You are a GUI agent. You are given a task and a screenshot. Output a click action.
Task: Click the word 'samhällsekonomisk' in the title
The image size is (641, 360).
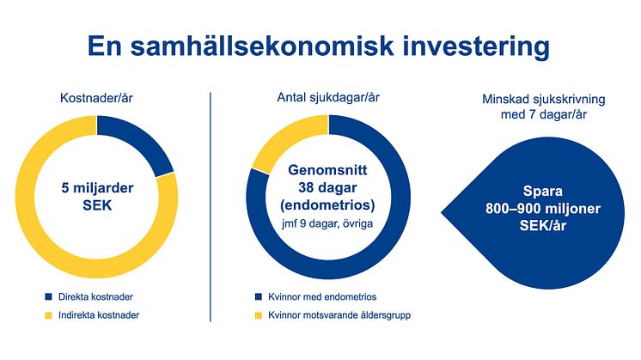pyautogui.click(x=261, y=46)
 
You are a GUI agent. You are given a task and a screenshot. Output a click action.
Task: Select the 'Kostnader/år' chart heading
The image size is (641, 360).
pyautogui.click(x=96, y=98)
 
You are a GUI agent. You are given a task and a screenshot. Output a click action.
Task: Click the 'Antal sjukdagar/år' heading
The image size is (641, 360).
pyautogui.click(x=328, y=98)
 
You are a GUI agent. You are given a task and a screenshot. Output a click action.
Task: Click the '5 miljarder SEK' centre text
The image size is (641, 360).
pyautogui.click(x=97, y=197)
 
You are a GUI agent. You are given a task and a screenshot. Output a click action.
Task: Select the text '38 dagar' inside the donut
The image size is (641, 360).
pyautogui.click(x=327, y=187)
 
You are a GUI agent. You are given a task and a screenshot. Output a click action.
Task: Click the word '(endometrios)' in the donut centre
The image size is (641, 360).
pyautogui.click(x=327, y=204)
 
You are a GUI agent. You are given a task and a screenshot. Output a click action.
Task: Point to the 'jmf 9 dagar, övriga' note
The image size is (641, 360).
pyautogui.click(x=327, y=224)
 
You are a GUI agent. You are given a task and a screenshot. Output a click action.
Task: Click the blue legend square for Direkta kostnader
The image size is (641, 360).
pyautogui.click(x=49, y=296)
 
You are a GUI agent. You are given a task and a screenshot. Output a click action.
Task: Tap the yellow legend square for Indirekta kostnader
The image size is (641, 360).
pyautogui.click(x=49, y=315)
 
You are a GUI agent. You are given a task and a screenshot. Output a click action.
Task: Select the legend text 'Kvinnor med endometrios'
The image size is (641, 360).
pyautogui.click(x=322, y=296)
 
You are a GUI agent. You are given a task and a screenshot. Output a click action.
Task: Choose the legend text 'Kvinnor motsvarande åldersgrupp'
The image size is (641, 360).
pyautogui.click(x=339, y=315)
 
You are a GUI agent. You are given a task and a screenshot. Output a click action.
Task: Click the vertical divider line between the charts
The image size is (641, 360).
pyautogui.click(x=211, y=207)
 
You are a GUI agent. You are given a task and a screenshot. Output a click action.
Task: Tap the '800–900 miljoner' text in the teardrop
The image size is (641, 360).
pyautogui.click(x=543, y=209)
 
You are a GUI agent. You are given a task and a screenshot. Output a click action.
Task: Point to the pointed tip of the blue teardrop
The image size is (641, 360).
pyautogui.click(x=442, y=212)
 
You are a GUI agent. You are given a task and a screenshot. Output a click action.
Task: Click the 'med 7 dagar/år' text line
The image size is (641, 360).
pyautogui.click(x=544, y=115)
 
